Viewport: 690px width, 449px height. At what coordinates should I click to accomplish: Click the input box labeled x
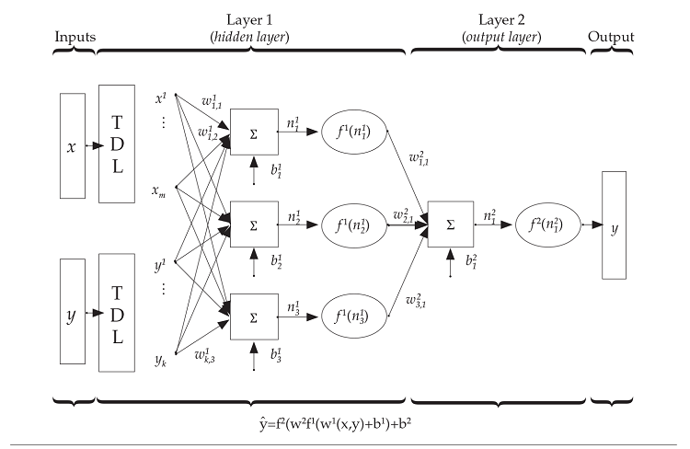(x=72, y=145)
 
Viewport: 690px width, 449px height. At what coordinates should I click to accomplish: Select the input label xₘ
(x=159, y=192)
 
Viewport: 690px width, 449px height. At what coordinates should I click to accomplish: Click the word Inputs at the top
(x=75, y=37)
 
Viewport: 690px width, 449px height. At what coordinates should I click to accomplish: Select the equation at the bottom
(x=342, y=424)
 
